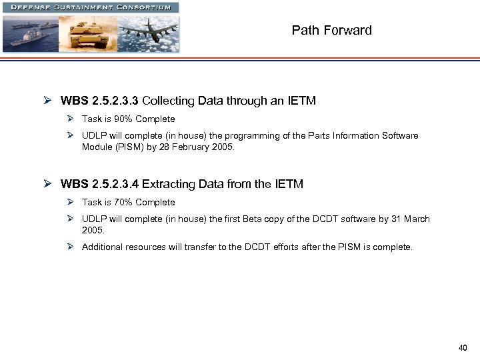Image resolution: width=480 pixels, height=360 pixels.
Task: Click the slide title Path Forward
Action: tap(331, 30)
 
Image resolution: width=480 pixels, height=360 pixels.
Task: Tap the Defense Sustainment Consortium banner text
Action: tap(91, 7)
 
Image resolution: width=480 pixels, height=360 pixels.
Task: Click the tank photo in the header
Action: tap(88, 33)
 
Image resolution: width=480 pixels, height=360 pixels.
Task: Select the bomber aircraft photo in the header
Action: tap(148, 33)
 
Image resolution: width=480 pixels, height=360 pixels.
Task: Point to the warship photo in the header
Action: tap(30, 33)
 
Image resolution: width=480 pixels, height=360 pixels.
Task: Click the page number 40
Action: tap(463, 347)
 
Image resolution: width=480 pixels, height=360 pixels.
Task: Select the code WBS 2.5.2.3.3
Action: tap(99, 101)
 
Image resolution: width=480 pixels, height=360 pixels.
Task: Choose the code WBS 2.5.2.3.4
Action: tap(99, 185)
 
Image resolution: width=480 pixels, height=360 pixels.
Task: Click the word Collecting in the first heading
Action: tap(166, 101)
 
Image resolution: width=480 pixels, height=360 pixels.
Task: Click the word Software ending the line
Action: tap(401, 136)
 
